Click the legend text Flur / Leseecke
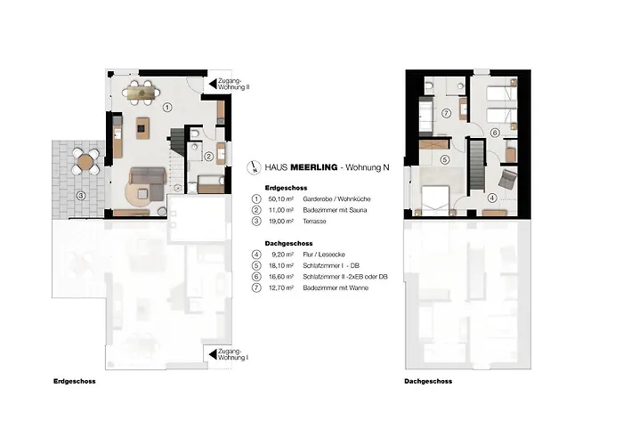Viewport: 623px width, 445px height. [x=328, y=254]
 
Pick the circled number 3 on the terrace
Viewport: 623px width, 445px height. [x=79, y=196]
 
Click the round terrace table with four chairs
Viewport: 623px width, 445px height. [x=86, y=161]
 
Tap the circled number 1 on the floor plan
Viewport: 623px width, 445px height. [x=167, y=107]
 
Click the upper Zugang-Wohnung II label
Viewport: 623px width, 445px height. [x=236, y=84]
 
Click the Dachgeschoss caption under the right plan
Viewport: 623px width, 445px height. [x=427, y=381]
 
